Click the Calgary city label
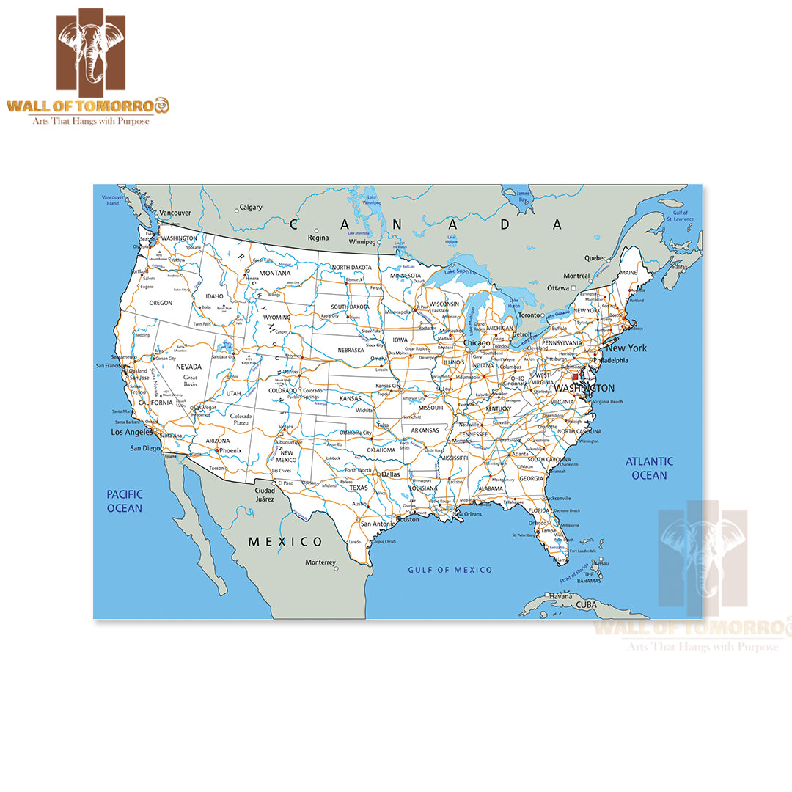pos(251,208)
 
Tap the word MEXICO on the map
pos(285,542)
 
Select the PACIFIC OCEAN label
pos(125,501)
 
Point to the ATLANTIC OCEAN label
pos(649,468)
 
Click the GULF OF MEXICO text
pos(450,570)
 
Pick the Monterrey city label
pos(320,562)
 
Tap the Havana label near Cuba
pos(560,596)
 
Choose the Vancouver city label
pos(175,213)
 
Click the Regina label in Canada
pos(318,238)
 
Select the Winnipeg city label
pos(362,241)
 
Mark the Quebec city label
pos(595,258)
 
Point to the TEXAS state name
pos(359,488)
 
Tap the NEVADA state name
pos(188,367)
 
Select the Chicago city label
pos(476,343)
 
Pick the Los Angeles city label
pos(132,433)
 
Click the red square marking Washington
pos(575,376)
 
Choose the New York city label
pos(626,348)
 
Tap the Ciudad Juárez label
pos(264,494)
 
